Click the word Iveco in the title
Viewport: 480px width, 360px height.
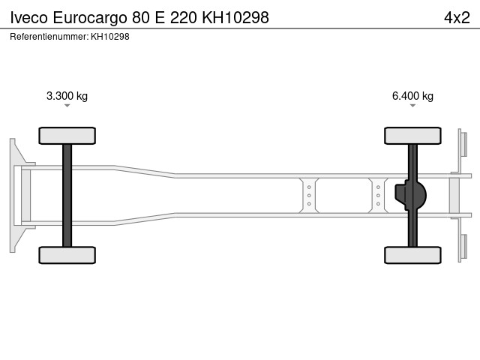point(28,17)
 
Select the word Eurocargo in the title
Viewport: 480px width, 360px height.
point(90,18)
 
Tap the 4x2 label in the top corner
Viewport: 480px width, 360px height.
point(457,17)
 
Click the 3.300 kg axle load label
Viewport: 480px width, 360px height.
point(67,96)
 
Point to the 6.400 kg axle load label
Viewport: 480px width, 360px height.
point(412,96)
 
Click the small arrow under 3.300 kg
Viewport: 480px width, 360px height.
point(67,106)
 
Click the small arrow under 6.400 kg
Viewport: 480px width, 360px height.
point(412,106)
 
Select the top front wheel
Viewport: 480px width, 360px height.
point(67,136)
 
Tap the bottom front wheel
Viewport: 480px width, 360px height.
point(67,255)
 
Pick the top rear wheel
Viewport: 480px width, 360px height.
point(412,136)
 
